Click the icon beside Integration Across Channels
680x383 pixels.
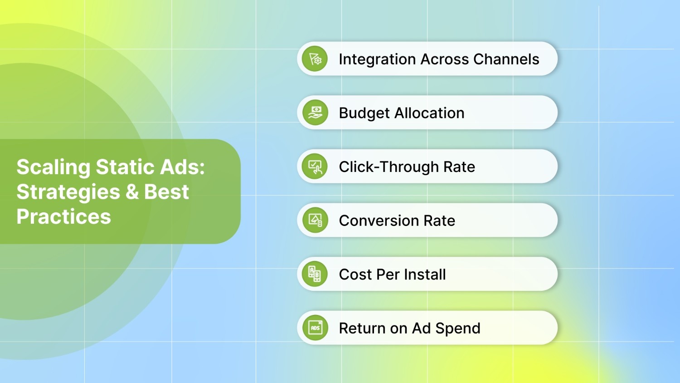coord(315,59)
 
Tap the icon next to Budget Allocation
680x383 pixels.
coord(315,113)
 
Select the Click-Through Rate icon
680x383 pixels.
coord(315,167)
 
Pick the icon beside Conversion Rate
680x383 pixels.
coord(315,221)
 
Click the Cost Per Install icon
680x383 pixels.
coord(315,274)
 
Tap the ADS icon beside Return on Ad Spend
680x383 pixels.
coord(315,328)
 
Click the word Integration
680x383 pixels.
coord(377,59)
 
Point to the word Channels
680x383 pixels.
coord(506,59)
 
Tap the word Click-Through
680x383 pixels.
coord(389,167)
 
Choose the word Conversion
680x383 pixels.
coord(379,221)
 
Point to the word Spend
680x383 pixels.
coord(457,329)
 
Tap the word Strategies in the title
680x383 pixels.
coord(68,192)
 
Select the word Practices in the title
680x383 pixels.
coord(63,216)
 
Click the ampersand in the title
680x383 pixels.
coord(132,192)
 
